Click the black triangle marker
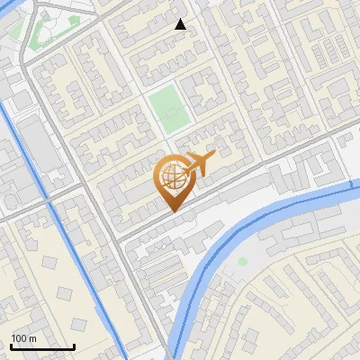tap(181, 24)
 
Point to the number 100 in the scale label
tap(19, 337)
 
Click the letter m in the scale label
tap(33, 337)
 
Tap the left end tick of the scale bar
tap(11, 345)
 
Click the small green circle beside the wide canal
tap(242, 262)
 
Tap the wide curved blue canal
tap(270, 216)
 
